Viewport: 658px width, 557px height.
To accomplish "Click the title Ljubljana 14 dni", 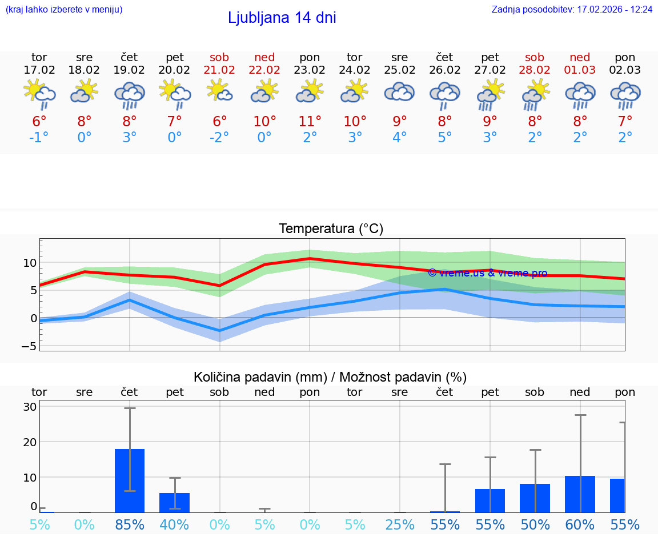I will click(x=282, y=18).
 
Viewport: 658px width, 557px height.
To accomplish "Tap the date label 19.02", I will click(x=129, y=70).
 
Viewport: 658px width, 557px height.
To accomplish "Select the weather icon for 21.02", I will click(x=219, y=91).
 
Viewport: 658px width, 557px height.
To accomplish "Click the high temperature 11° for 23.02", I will click(x=310, y=121).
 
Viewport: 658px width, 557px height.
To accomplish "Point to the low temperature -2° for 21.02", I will click(x=219, y=138).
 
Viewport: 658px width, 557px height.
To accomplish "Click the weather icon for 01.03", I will click(x=580, y=95).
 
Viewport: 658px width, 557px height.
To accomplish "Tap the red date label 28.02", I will click(x=535, y=70).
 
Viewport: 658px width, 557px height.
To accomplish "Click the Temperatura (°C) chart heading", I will click(x=331, y=229).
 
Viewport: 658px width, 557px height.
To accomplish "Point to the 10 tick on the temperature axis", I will click(x=30, y=263).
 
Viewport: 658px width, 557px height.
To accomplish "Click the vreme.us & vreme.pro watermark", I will click(x=487, y=273).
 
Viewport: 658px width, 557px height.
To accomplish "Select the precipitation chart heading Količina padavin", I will click(x=330, y=377).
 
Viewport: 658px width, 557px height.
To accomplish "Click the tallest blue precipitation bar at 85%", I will click(x=130, y=480).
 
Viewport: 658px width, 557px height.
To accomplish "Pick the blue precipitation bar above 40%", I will click(x=174, y=503).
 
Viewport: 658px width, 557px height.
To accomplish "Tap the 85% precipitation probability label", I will click(x=130, y=524).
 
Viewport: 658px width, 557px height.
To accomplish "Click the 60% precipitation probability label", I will click(x=580, y=524).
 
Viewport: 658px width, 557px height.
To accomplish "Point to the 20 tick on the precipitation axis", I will click(x=30, y=442).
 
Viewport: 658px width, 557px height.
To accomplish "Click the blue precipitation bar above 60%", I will click(x=580, y=494).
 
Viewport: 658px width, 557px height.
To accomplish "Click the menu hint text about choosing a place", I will click(x=64, y=10).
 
